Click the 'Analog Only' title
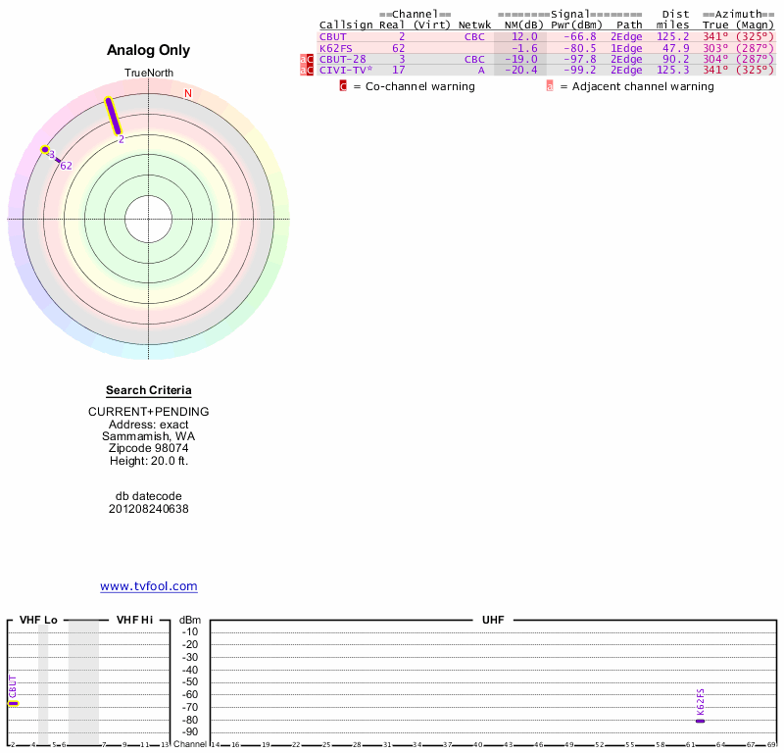[x=148, y=50]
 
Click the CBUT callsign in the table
[x=333, y=36]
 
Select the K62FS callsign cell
[x=335, y=48]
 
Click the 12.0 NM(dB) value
[x=524, y=36]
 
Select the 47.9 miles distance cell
[x=675, y=48]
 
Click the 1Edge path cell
[x=626, y=48]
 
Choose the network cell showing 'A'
[x=481, y=71]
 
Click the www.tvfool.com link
[x=148, y=586]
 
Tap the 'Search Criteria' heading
[x=148, y=390]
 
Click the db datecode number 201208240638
[x=148, y=509]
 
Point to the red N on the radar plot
[x=188, y=93]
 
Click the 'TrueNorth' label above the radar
[x=148, y=74]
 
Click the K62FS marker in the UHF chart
[x=700, y=721]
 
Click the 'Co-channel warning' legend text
[x=414, y=86]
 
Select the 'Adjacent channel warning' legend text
[x=636, y=86]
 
